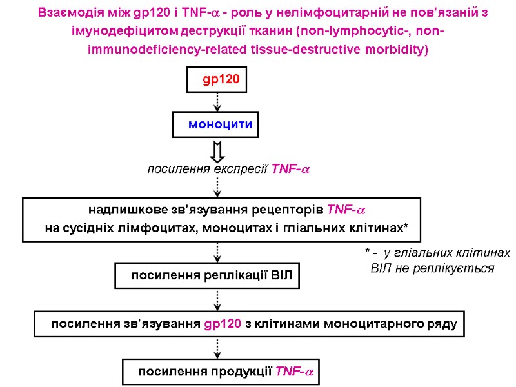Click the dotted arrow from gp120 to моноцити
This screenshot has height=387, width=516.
pyautogui.click(x=217, y=101)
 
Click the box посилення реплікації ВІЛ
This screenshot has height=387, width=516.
pyautogui.click(x=208, y=275)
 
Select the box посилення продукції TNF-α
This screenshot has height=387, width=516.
pyautogui.click(x=221, y=372)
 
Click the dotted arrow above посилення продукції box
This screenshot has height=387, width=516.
pyautogui.click(x=217, y=348)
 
